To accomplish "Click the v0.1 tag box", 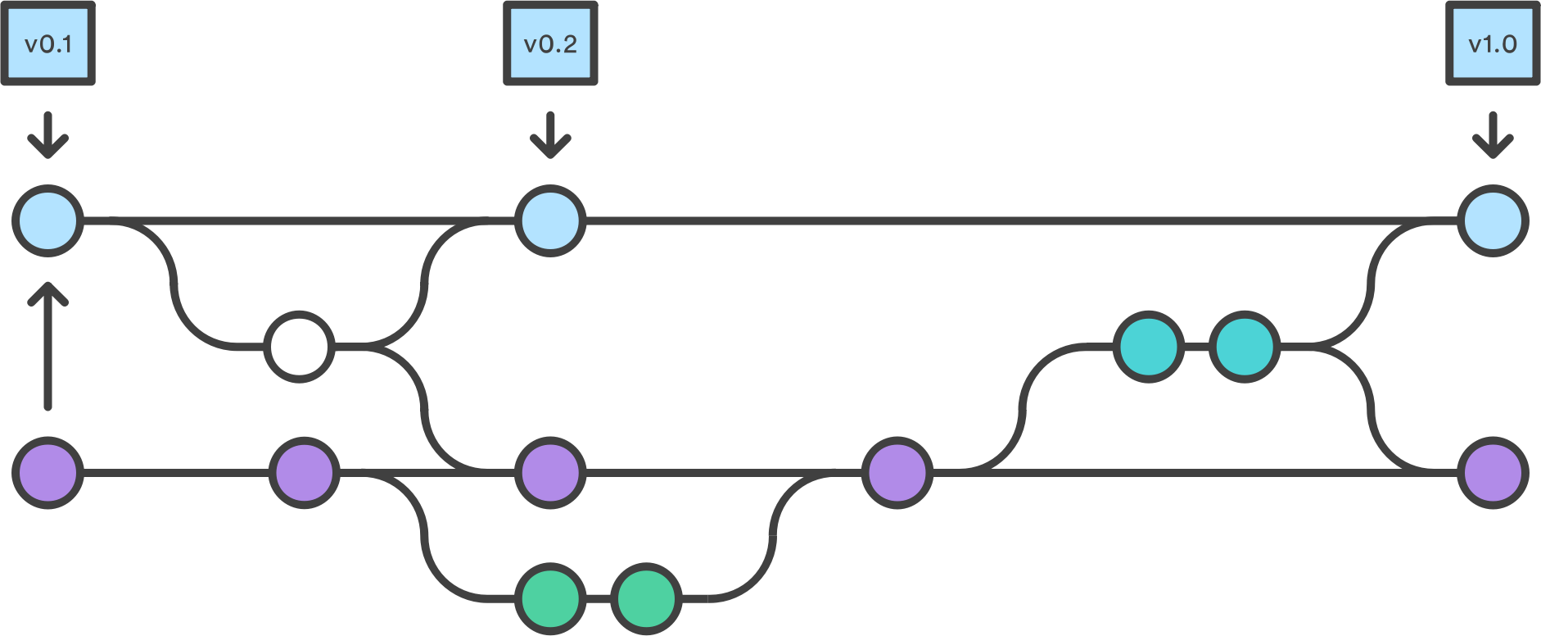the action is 48,43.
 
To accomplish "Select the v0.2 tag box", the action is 550,43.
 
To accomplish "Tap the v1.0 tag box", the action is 1493,43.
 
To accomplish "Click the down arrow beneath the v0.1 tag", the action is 48,135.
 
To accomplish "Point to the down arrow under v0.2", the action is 550,135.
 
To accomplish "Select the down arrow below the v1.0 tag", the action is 1493,135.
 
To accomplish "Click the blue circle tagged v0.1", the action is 48,221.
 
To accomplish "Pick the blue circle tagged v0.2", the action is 550,221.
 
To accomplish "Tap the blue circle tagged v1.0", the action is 1493,221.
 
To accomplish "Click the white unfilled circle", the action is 300,347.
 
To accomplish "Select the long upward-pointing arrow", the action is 48,346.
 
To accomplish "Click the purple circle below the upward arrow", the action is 48,473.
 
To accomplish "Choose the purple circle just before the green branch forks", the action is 305,473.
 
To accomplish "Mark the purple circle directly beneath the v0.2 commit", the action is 550,473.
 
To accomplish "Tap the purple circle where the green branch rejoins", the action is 897,473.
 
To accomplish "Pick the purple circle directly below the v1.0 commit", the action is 1493,473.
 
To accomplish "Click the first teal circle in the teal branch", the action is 1149,347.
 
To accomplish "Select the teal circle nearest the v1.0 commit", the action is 1245,347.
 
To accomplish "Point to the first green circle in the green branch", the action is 550,599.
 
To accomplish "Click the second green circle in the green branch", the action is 647,599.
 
